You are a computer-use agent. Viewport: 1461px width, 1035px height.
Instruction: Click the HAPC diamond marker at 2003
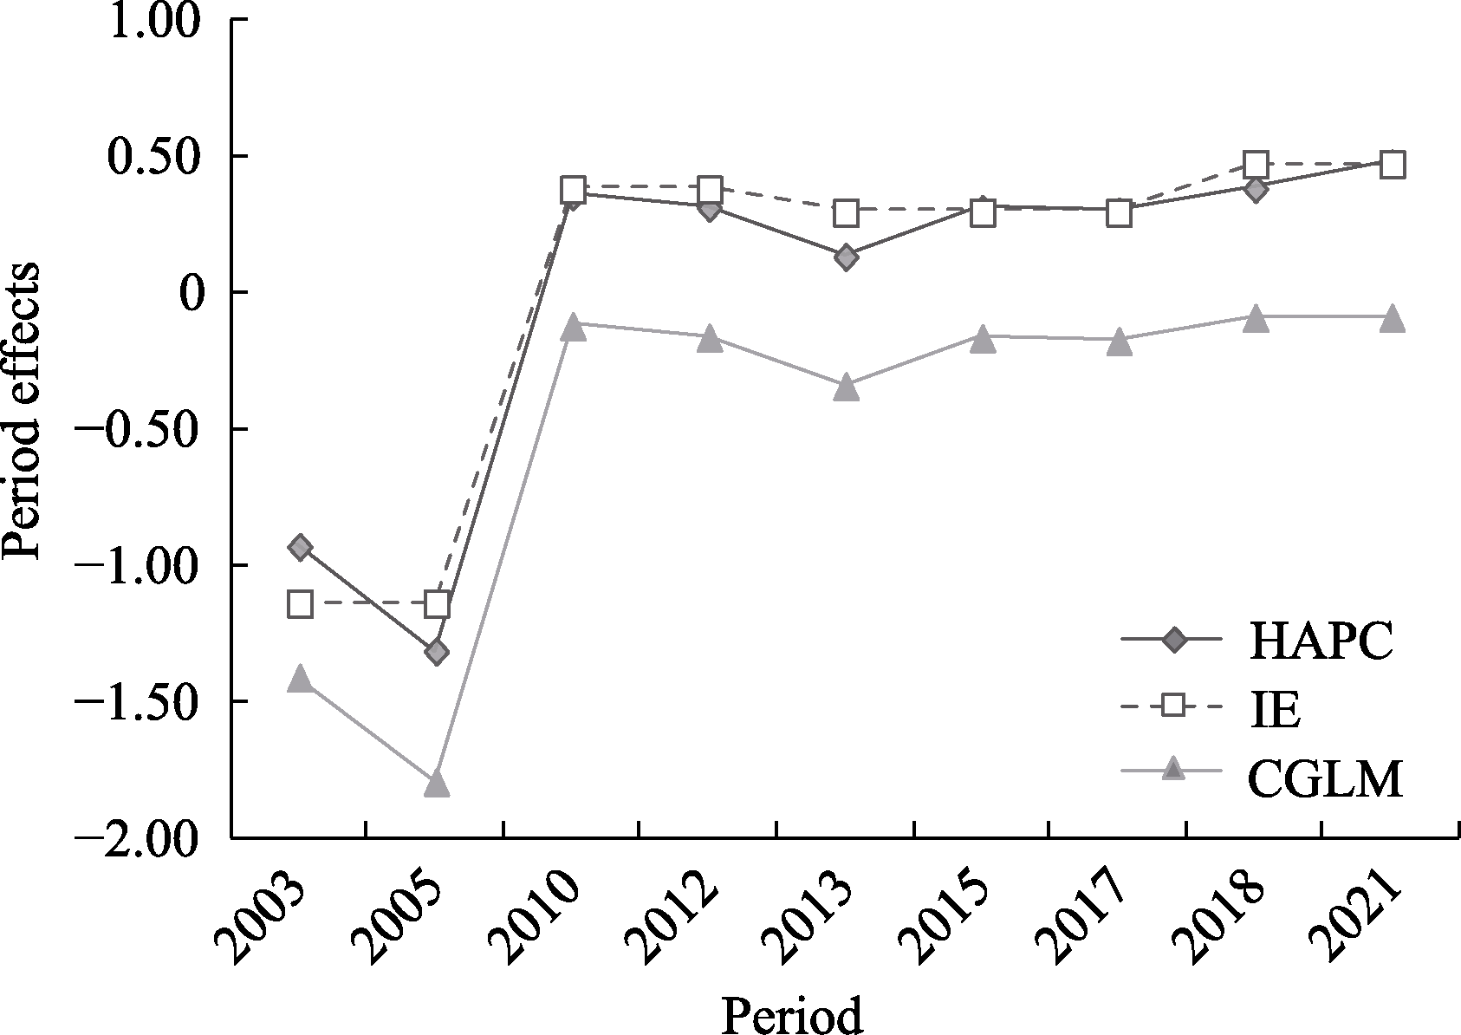tap(300, 547)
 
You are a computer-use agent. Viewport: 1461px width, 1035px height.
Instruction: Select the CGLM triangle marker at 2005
tap(437, 784)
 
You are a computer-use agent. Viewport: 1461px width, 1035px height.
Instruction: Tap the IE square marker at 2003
tap(300, 603)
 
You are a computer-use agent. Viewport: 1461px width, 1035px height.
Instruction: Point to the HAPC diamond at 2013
tap(847, 257)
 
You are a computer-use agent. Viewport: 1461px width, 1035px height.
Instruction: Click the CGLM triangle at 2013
tap(847, 387)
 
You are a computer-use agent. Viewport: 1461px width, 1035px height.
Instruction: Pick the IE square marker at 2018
tap(1256, 164)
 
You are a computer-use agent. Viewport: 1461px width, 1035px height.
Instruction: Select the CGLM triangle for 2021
tap(1392, 318)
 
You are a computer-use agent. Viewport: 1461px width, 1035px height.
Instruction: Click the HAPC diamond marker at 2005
tap(437, 652)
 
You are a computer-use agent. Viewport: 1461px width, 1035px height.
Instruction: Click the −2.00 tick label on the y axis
tap(143, 837)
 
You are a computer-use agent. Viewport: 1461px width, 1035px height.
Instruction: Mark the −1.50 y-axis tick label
tap(143, 701)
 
